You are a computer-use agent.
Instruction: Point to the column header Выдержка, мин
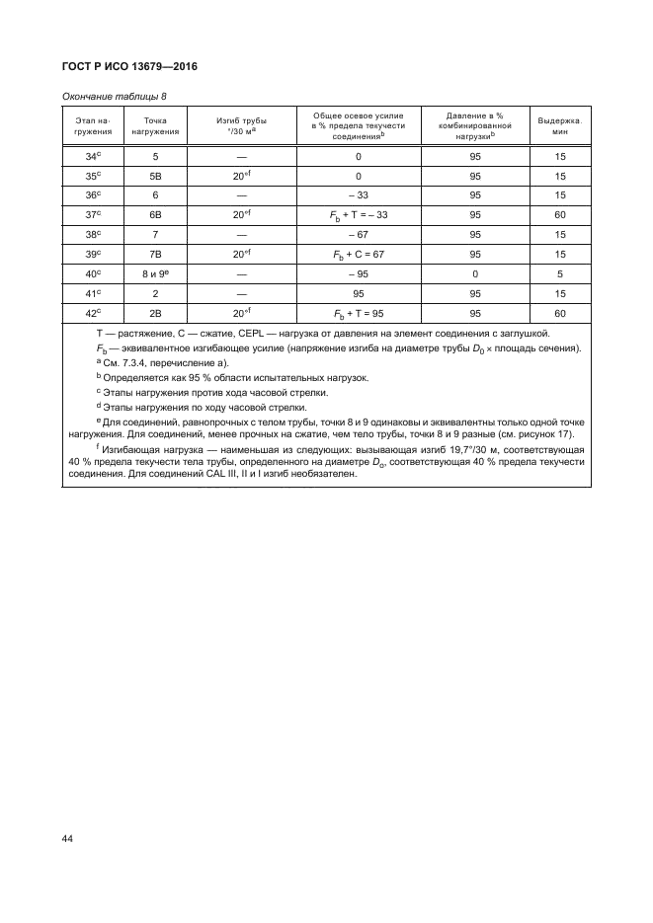[x=559, y=126]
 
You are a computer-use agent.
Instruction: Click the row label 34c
[x=95, y=157]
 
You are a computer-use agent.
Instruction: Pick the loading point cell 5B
[x=155, y=177]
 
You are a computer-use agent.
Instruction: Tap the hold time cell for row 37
[x=559, y=214]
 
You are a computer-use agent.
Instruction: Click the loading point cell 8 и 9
[x=155, y=272]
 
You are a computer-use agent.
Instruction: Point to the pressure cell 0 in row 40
[x=475, y=272]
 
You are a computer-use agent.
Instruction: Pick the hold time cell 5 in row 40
[x=559, y=272]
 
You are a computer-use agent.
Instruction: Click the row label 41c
[x=95, y=292]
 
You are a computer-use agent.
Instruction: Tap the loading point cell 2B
[x=155, y=312]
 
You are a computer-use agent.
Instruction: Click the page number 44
[x=68, y=839]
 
